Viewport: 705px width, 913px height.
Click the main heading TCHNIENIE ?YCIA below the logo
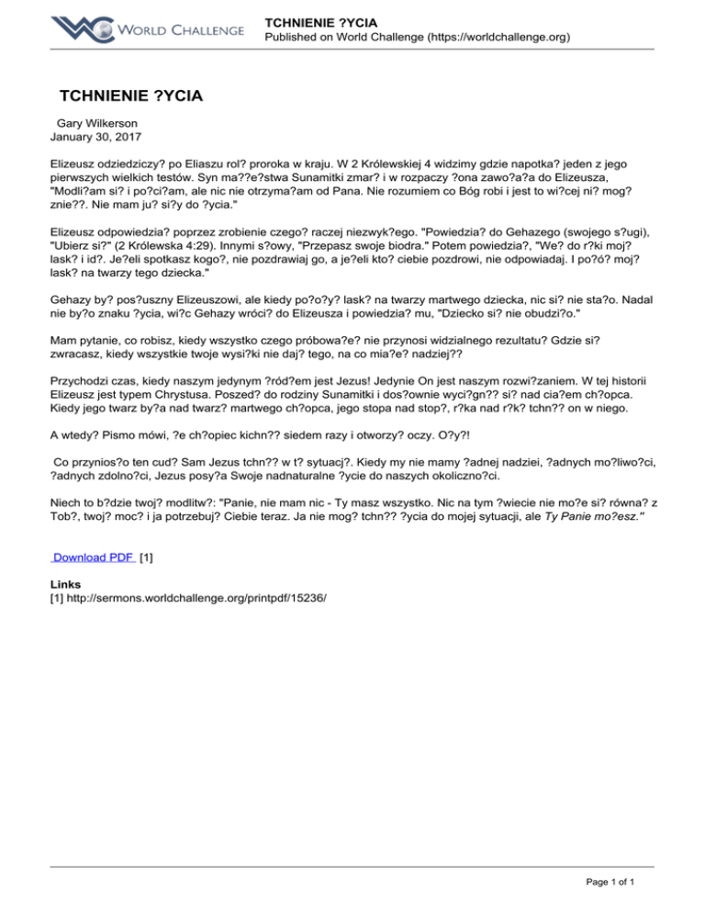tap(130, 96)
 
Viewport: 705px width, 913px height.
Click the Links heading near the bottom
tap(65, 584)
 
